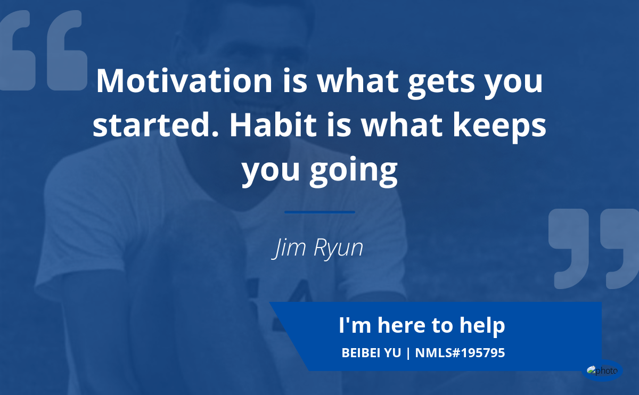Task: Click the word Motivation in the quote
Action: [184, 81]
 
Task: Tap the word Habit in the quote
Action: [273, 125]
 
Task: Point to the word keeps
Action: [499, 127]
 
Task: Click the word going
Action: [354, 172]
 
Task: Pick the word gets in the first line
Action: [441, 83]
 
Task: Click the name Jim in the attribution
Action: [289, 248]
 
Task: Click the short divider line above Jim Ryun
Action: [319, 212]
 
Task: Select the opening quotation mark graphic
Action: [43, 51]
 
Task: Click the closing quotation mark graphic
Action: [593, 249]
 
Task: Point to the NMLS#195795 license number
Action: [460, 353]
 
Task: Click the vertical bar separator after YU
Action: [408, 353]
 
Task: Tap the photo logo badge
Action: [602, 371]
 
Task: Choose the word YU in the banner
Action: [392, 353]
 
